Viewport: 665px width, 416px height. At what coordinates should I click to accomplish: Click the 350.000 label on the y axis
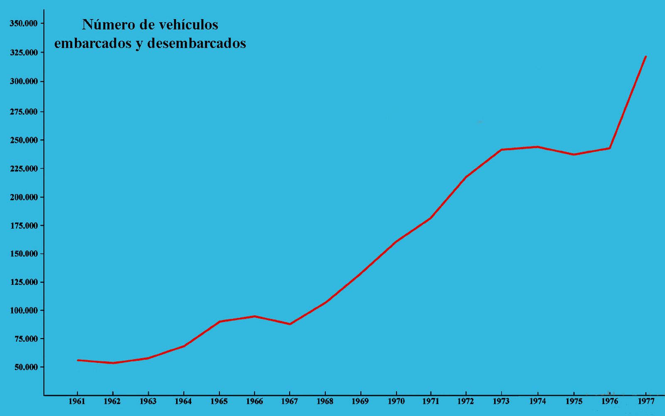pyautogui.click(x=24, y=23)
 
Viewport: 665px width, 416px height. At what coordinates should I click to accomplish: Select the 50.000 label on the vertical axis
pyautogui.click(x=24, y=367)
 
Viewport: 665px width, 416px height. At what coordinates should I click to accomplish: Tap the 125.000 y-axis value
pyautogui.click(x=24, y=282)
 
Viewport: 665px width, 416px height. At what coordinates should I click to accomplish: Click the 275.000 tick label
pyautogui.click(x=24, y=112)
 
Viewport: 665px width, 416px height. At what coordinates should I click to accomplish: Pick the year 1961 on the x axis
pyautogui.click(x=77, y=401)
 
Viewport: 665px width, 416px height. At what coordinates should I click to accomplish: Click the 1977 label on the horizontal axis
pyautogui.click(x=645, y=401)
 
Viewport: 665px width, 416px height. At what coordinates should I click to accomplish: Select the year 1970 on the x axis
pyautogui.click(x=396, y=401)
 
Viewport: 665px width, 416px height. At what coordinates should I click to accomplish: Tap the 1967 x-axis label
pyautogui.click(x=289, y=401)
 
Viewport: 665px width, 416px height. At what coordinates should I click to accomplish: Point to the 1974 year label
pyautogui.click(x=538, y=401)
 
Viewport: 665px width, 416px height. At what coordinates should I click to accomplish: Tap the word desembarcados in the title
pyautogui.click(x=197, y=43)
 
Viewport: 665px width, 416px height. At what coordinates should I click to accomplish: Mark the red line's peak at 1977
pyautogui.click(x=645, y=57)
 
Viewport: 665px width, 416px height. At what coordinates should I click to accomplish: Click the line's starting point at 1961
pyautogui.click(x=78, y=360)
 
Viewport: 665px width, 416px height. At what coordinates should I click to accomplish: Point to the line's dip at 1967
pyautogui.click(x=290, y=324)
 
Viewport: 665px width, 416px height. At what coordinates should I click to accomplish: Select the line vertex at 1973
pyautogui.click(x=502, y=150)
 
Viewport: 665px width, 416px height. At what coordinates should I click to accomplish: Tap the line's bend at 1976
pyautogui.click(x=610, y=148)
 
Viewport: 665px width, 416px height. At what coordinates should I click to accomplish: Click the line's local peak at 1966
pyautogui.click(x=254, y=316)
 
